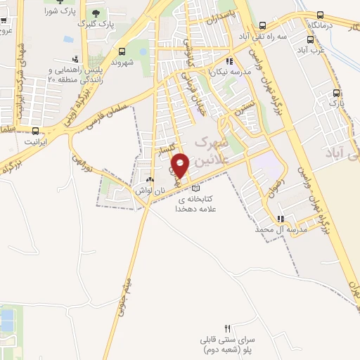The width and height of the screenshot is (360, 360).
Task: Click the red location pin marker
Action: coord(181,165)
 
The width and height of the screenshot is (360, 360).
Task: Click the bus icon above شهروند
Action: coord(122,51)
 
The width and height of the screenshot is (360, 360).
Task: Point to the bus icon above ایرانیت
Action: coord(35,130)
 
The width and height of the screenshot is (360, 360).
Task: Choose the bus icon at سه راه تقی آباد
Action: coord(262,23)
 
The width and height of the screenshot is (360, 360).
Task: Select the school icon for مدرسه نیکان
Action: coord(228,60)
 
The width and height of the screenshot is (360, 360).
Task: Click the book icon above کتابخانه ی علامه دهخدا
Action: coord(195,188)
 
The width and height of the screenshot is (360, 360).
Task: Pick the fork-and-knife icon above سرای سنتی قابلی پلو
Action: coord(226,328)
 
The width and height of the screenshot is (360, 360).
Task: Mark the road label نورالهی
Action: coord(84,168)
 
